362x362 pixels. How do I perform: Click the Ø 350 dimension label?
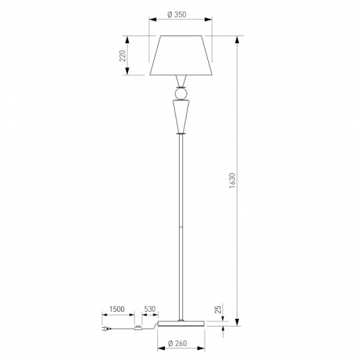(177, 15)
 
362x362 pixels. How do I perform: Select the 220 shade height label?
(123, 56)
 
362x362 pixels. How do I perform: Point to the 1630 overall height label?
(232, 180)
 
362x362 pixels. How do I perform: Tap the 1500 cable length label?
(117, 309)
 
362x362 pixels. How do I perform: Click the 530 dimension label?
(150, 309)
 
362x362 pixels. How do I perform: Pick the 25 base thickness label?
(218, 309)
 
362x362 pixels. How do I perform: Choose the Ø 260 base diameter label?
(178, 343)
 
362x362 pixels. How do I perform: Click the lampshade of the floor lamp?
(181, 56)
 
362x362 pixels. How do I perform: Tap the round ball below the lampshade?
(181, 93)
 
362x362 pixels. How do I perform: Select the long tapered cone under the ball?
(181, 117)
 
